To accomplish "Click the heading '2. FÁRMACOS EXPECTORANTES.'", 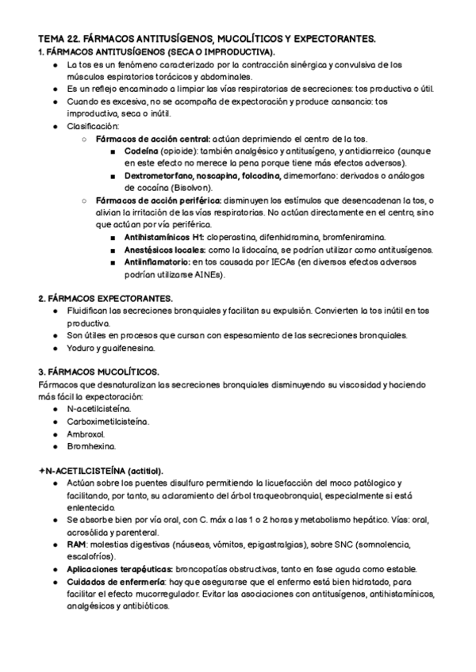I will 106,299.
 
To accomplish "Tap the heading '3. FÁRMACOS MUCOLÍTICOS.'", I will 98,371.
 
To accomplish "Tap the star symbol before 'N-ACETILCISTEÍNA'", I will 41,471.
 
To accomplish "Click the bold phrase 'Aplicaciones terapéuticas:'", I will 117,570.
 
